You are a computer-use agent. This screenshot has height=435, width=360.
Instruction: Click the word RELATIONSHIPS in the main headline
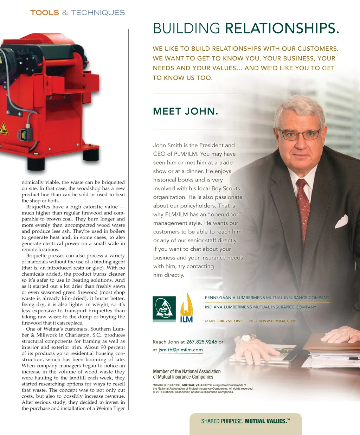pyautogui.click(x=282, y=28)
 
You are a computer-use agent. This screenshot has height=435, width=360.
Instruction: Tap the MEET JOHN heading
pyautogui.click(x=186, y=111)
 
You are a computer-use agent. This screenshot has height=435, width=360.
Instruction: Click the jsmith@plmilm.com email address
pyautogui.click(x=181, y=350)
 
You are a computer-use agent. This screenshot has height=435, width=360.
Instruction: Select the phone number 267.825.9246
pyautogui.click(x=202, y=342)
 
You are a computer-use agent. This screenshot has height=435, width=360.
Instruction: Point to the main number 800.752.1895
pyautogui.click(x=230, y=321)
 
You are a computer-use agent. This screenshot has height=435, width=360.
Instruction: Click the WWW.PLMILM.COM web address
pyautogui.click(x=277, y=321)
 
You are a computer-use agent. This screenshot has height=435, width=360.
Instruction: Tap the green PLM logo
pyautogui.click(x=164, y=308)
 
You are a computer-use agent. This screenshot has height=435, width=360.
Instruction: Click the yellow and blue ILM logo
pyautogui.click(x=187, y=308)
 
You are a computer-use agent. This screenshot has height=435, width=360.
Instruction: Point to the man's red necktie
pyautogui.click(x=303, y=204)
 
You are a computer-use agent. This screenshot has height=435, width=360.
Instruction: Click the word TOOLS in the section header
pyautogui.click(x=45, y=13)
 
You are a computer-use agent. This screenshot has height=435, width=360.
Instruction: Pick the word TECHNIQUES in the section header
pyautogui.click(x=98, y=13)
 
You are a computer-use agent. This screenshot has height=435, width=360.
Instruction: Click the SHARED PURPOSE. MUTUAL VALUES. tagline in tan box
pyautogui.click(x=245, y=421)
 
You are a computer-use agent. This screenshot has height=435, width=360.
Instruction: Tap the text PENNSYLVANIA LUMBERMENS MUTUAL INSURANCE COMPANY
pyautogui.click(x=267, y=298)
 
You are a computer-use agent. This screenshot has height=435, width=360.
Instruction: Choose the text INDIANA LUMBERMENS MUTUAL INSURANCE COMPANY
pyautogui.click(x=261, y=307)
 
